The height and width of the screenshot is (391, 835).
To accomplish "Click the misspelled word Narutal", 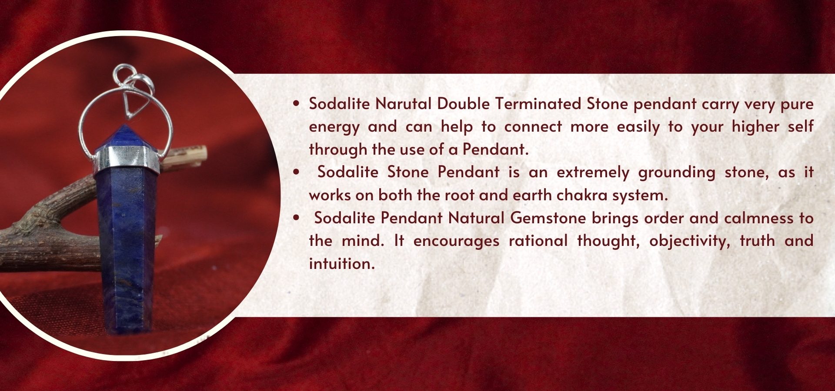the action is click(x=403, y=104).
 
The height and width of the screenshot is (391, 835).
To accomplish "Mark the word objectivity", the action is click(x=690, y=241).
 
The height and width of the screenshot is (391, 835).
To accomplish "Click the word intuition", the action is click(x=341, y=264).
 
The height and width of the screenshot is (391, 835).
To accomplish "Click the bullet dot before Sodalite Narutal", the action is click(x=297, y=104).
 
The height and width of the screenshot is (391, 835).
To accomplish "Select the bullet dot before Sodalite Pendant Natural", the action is click(x=297, y=218).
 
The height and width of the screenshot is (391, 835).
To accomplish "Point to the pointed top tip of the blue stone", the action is click(x=125, y=126).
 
